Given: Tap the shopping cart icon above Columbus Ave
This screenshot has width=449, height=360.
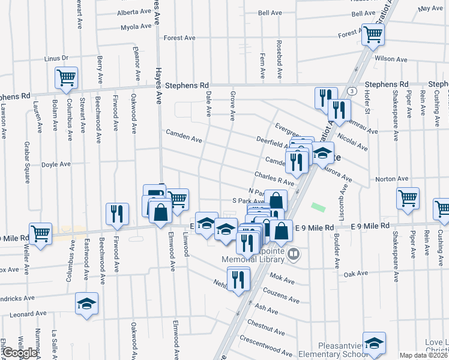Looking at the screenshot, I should click(66, 78).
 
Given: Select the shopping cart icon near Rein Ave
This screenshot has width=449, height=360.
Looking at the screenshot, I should click(408, 198).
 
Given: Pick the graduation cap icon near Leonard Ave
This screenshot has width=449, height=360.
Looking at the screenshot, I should click(87, 304).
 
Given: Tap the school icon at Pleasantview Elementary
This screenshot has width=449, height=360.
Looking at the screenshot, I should click(374, 343).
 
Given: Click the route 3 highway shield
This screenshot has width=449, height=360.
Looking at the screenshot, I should click(351, 91).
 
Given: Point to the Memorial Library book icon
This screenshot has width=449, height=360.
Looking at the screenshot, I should click(294, 254).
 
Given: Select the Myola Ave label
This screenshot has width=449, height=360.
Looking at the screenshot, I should click(136, 27).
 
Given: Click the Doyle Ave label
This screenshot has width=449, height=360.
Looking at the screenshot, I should click(56, 164).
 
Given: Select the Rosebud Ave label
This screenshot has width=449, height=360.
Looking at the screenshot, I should click(279, 60).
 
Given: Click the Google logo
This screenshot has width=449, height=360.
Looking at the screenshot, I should click(20, 353).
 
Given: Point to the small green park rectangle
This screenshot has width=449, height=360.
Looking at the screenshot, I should click(318, 207).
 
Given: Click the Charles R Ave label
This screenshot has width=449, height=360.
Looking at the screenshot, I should click(274, 179).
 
